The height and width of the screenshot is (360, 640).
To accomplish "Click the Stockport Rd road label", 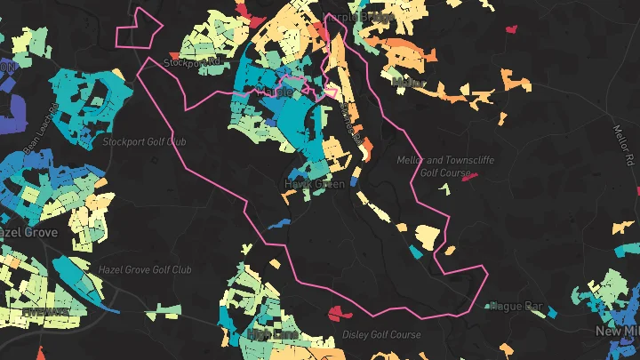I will [x=192, y=62].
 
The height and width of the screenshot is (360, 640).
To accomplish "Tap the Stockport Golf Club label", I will [x=145, y=141].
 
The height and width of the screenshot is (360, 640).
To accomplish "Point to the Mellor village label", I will [x=408, y=82].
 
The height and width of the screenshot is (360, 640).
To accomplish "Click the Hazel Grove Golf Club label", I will [x=145, y=269].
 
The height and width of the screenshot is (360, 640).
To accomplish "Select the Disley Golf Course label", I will [x=381, y=335].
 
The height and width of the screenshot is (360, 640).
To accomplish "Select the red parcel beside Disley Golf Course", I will [x=337, y=313].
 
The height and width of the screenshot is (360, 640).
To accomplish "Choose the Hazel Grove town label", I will [x=28, y=232].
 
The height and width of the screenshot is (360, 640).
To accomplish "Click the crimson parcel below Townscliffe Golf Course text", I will [x=469, y=176].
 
